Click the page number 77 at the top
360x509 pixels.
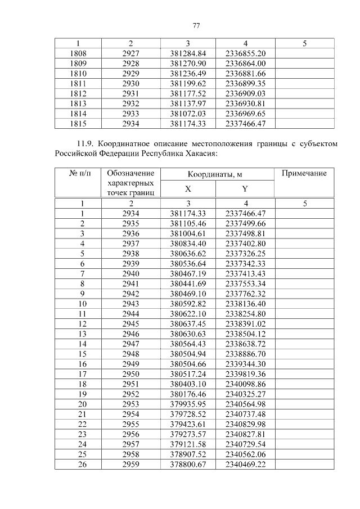tap(196, 25)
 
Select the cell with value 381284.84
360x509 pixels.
tap(188, 53)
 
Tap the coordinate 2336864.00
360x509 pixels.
tap(245, 63)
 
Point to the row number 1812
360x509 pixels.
tap(78, 93)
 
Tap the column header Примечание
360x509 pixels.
tap(304, 173)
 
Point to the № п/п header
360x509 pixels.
tap(78, 173)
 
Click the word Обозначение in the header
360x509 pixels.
tap(130, 173)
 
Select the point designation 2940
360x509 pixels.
tap(130, 273)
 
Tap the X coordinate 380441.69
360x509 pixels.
tap(188, 283)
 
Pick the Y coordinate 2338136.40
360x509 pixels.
tap(245, 304)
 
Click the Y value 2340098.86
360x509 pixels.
tap(245, 384)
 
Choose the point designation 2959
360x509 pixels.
tap(130, 464)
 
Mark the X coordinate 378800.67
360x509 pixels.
tap(188, 464)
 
